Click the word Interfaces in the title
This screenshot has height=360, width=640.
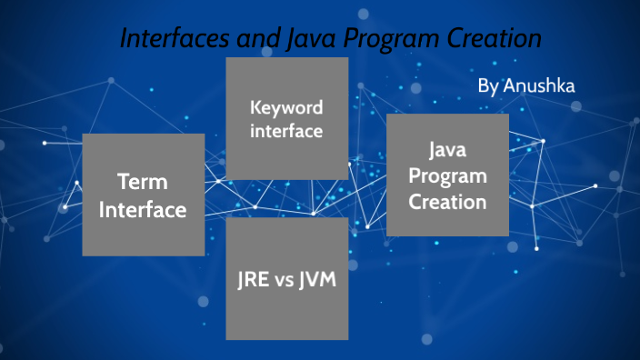pyautogui.click(x=173, y=40)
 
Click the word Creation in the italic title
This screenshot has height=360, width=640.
pyautogui.click(x=495, y=40)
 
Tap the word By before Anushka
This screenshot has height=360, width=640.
pyautogui.click(x=488, y=86)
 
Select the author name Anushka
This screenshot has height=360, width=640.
pyautogui.click(x=540, y=85)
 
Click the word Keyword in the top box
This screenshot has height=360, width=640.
pyautogui.click(x=286, y=108)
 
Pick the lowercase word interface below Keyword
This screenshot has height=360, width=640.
pyautogui.click(x=286, y=131)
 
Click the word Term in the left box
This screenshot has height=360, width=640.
pyautogui.click(x=143, y=182)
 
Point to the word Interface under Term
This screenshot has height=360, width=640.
pyautogui.click(x=143, y=210)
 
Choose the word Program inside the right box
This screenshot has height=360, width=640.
pyautogui.click(x=447, y=175)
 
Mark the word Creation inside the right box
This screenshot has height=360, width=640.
pyautogui.click(x=447, y=201)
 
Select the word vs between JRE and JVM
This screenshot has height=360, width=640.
pyautogui.click(x=286, y=279)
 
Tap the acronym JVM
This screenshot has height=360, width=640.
pyautogui.click(x=318, y=279)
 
